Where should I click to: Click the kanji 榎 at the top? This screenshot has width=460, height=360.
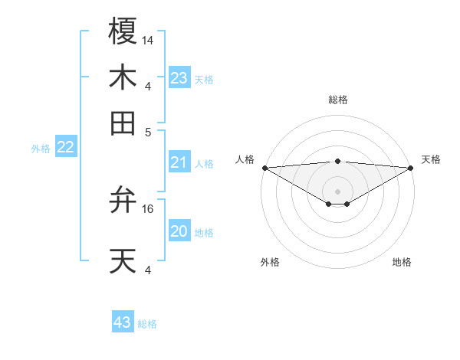coord(123,32)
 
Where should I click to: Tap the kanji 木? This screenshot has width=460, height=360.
coord(123,78)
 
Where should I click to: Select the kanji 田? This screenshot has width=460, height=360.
coord(123,123)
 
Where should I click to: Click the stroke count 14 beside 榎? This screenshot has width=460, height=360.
coord(148,40)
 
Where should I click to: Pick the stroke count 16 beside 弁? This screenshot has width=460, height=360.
coord(148,208)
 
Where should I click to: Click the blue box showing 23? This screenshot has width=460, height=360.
coord(179,78)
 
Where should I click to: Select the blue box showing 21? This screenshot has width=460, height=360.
coord(179,162)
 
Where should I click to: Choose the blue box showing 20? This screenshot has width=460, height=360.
coord(179,231)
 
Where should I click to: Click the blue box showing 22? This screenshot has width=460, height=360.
coord(66,148)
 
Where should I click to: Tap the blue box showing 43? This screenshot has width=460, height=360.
coord(123,322)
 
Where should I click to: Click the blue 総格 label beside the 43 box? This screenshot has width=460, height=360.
coord(147,324)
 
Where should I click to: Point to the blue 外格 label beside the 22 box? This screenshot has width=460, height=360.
coord(40,149)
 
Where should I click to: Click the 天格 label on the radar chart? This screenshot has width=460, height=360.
coord(431,159)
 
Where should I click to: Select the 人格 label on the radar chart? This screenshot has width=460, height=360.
coord(245,159)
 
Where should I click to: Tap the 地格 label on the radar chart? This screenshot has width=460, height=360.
coord(402,262)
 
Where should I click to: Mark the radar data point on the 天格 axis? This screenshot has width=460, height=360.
coord(411,168)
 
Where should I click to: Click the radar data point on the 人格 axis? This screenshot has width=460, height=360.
coord(264,168)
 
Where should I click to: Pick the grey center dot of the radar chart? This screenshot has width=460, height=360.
coord(337,191)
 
